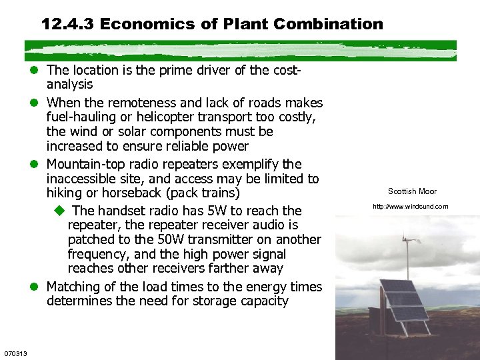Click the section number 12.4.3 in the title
tap(67, 25)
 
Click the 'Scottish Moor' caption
tap(412, 192)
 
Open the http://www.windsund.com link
tap(411, 207)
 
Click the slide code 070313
tap(15, 353)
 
